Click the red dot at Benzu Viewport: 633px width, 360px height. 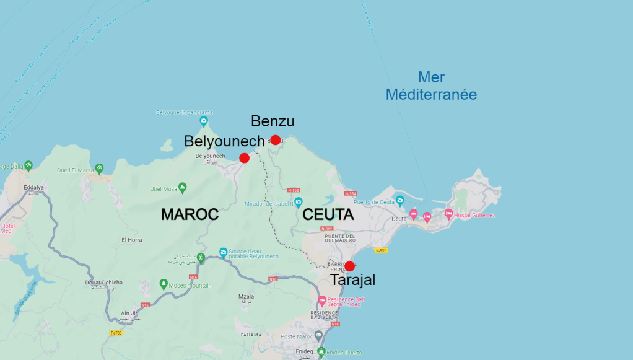[276, 140]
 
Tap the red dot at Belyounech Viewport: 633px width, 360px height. [244, 158]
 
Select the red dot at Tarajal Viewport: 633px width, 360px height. [349, 266]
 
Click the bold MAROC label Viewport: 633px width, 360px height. [190, 214]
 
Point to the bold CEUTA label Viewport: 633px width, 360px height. [328, 215]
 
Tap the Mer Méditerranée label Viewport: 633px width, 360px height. [431, 86]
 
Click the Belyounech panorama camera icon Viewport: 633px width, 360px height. [203, 121]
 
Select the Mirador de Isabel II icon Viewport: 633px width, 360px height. [298, 203]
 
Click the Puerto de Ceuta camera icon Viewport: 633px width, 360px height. [399, 201]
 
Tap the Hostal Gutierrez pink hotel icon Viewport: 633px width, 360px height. [448, 214]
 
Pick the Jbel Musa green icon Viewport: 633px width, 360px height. [183, 188]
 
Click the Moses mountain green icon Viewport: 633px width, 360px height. [164, 284]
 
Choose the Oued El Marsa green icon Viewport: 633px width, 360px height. [99, 169]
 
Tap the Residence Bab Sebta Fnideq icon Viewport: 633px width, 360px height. [322, 301]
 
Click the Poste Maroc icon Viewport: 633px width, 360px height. [318, 336]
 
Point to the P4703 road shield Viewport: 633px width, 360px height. [116, 333]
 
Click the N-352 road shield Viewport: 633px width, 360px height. [381, 250]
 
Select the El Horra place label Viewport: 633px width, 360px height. [132, 240]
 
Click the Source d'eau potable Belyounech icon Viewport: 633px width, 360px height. [224, 253]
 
